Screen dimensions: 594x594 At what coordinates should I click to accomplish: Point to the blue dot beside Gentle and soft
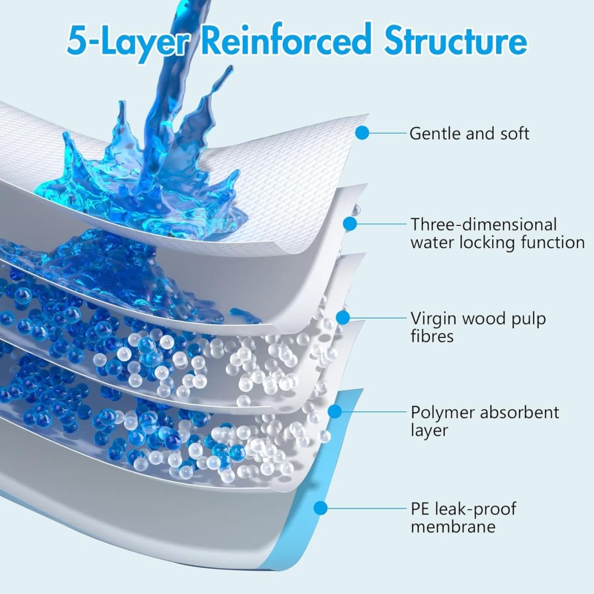point(362,134)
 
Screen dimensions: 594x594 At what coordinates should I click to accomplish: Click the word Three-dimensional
point(483,224)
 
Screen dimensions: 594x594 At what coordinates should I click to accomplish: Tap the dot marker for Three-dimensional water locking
point(350,222)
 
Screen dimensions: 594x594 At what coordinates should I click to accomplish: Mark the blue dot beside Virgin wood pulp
point(342,318)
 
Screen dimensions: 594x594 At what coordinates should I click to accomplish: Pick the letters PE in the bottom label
point(420,509)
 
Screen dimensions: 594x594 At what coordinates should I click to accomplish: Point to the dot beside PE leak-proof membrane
point(322,508)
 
